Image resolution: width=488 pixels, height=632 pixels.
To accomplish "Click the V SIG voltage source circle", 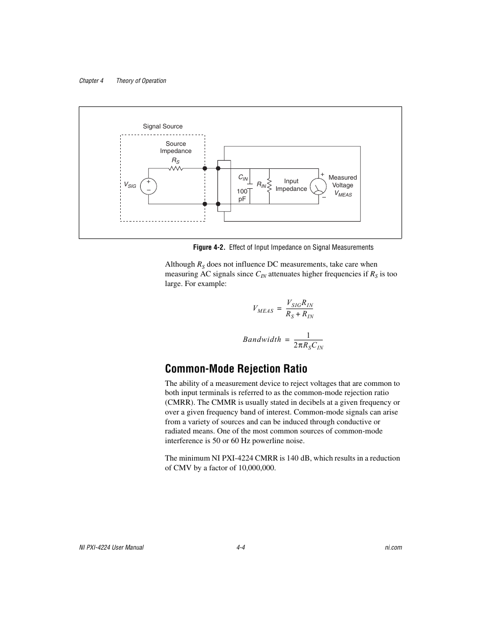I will click(149, 186).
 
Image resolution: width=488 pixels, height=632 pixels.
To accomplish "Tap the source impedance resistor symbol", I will click(176, 168).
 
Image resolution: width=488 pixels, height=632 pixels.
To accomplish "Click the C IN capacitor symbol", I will click(250, 185).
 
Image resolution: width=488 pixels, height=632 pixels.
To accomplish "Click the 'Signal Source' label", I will click(163, 126).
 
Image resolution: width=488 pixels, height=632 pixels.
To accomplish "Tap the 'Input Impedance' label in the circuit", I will click(291, 185).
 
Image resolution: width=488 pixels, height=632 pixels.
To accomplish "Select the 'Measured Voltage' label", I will click(342, 182).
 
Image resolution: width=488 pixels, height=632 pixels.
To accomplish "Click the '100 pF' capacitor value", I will click(242, 195).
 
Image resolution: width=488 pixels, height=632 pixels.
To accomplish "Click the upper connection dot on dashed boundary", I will click(205, 168).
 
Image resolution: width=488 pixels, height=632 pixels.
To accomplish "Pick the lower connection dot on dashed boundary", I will click(205, 204).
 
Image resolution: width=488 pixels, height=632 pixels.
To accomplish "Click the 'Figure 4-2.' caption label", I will click(209, 247).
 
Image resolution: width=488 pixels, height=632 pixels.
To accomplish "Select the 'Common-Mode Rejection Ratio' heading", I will click(236, 368).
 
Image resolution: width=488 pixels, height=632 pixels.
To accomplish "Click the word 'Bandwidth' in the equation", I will click(262, 339).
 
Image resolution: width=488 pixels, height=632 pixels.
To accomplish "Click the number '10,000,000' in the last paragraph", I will click(256, 468).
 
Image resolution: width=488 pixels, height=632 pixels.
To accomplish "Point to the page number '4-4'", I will click(241, 547).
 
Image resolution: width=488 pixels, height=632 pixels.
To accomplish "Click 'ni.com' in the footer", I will click(393, 547).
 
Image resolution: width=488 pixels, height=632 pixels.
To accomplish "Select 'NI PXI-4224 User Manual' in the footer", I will click(111, 547).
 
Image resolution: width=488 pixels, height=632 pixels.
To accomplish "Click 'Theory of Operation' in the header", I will click(141, 81).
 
